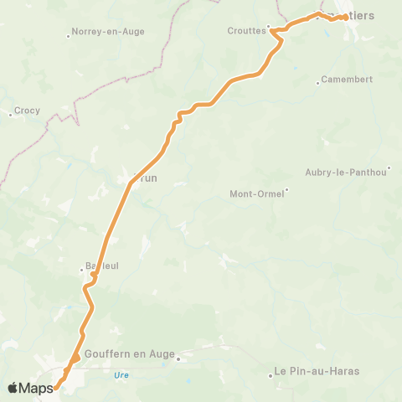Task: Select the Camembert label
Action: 347,80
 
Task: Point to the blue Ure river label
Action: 121,375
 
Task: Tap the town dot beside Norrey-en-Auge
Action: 69,35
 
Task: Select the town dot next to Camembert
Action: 318,82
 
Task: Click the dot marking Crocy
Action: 10,113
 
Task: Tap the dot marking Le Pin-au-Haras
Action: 271,374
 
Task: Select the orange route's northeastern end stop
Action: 346,17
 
